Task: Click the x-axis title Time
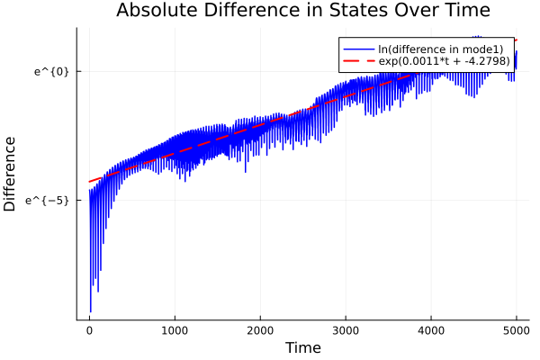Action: [x=302, y=347]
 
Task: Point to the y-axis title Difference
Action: [x=11, y=174]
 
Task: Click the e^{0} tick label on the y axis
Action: [x=51, y=71]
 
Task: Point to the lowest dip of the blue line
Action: [x=90, y=311]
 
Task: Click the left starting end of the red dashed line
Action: [x=89, y=182]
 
